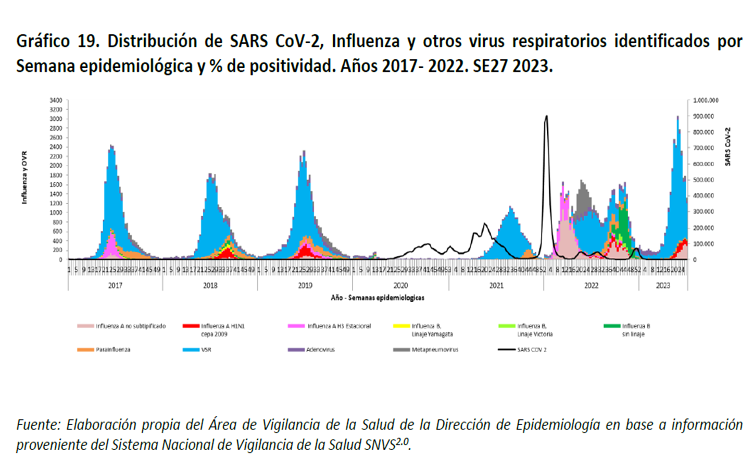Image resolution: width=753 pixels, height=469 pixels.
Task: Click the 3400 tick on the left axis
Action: [56, 100]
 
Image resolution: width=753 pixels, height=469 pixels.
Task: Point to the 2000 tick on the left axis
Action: [56, 166]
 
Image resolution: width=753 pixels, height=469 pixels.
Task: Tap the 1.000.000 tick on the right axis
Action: [706, 100]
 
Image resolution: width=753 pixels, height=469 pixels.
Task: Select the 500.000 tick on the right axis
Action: [703, 180]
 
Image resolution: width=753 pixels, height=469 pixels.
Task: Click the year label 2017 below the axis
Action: [115, 286]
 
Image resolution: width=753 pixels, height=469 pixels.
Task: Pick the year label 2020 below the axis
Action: [400, 286]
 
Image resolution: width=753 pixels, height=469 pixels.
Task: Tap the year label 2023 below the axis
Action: [663, 286]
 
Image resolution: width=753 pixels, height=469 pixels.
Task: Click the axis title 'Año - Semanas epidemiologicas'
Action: [378, 298]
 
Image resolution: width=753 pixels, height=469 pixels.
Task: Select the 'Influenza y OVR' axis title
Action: [24, 178]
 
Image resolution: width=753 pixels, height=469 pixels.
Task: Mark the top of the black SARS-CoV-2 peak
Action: [546, 116]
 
